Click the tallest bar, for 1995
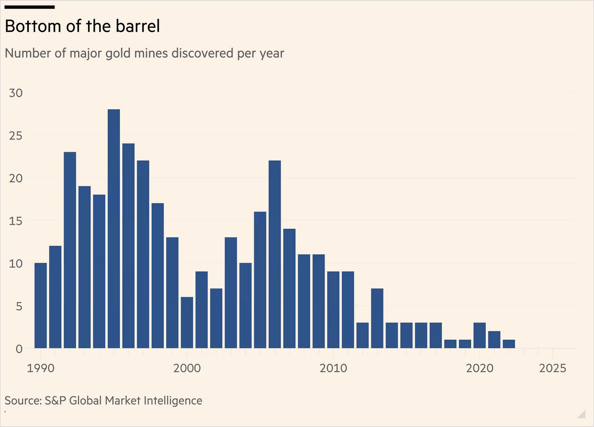(x=114, y=229)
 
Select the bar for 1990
(x=40, y=306)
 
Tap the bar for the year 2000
(x=187, y=323)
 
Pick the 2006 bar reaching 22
(x=275, y=254)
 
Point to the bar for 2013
(x=377, y=318)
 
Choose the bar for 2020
(x=479, y=335)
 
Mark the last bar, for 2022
(x=509, y=344)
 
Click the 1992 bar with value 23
(x=70, y=250)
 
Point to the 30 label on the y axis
(x=16, y=93)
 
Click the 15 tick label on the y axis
(x=16, y=221)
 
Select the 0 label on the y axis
(x=19, y=349)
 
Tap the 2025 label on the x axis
(x=553, y=368)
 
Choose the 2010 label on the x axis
(x=333, y=368)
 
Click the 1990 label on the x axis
(x=40, y=368)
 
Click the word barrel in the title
(x=138, y=26)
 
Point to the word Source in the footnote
(x=23, y=401)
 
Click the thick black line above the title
(x=30, y=7)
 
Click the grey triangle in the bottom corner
(x=582, y=415)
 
